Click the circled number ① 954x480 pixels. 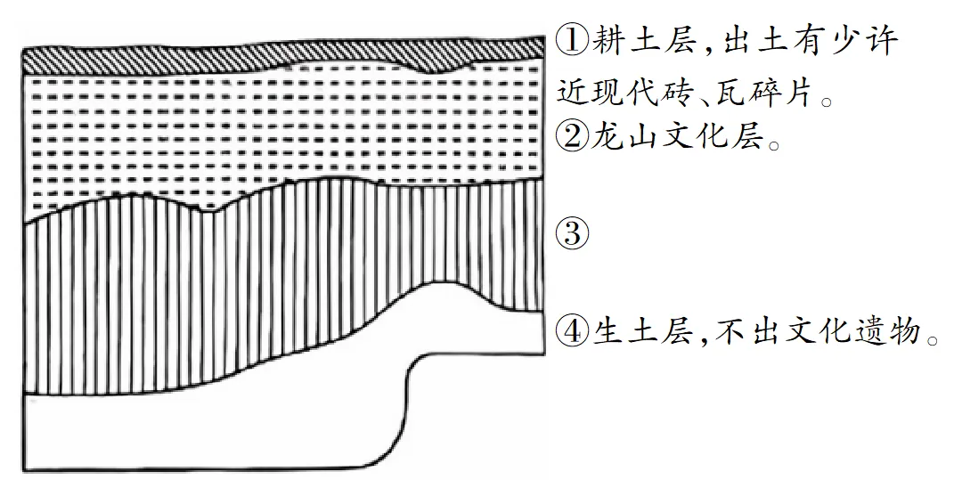(573, 41)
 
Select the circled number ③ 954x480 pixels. (573, 233)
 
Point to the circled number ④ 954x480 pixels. (573, 331)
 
